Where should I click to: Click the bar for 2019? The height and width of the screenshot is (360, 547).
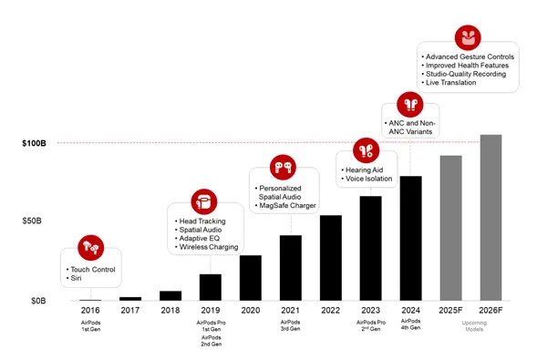(210, 287)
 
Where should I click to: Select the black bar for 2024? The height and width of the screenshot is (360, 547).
(410, 238)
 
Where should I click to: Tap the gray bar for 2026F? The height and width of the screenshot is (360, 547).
(490, 218)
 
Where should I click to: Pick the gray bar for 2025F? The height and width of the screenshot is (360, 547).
(450, 228)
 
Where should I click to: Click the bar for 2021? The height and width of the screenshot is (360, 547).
(290, 268)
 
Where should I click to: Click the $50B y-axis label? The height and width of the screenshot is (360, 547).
(35, 221)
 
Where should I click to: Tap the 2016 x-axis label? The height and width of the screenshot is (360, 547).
(90, 311)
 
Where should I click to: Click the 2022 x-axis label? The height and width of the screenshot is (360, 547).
(330, 311)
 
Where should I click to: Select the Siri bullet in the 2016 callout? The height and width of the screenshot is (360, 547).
(77, 279)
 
